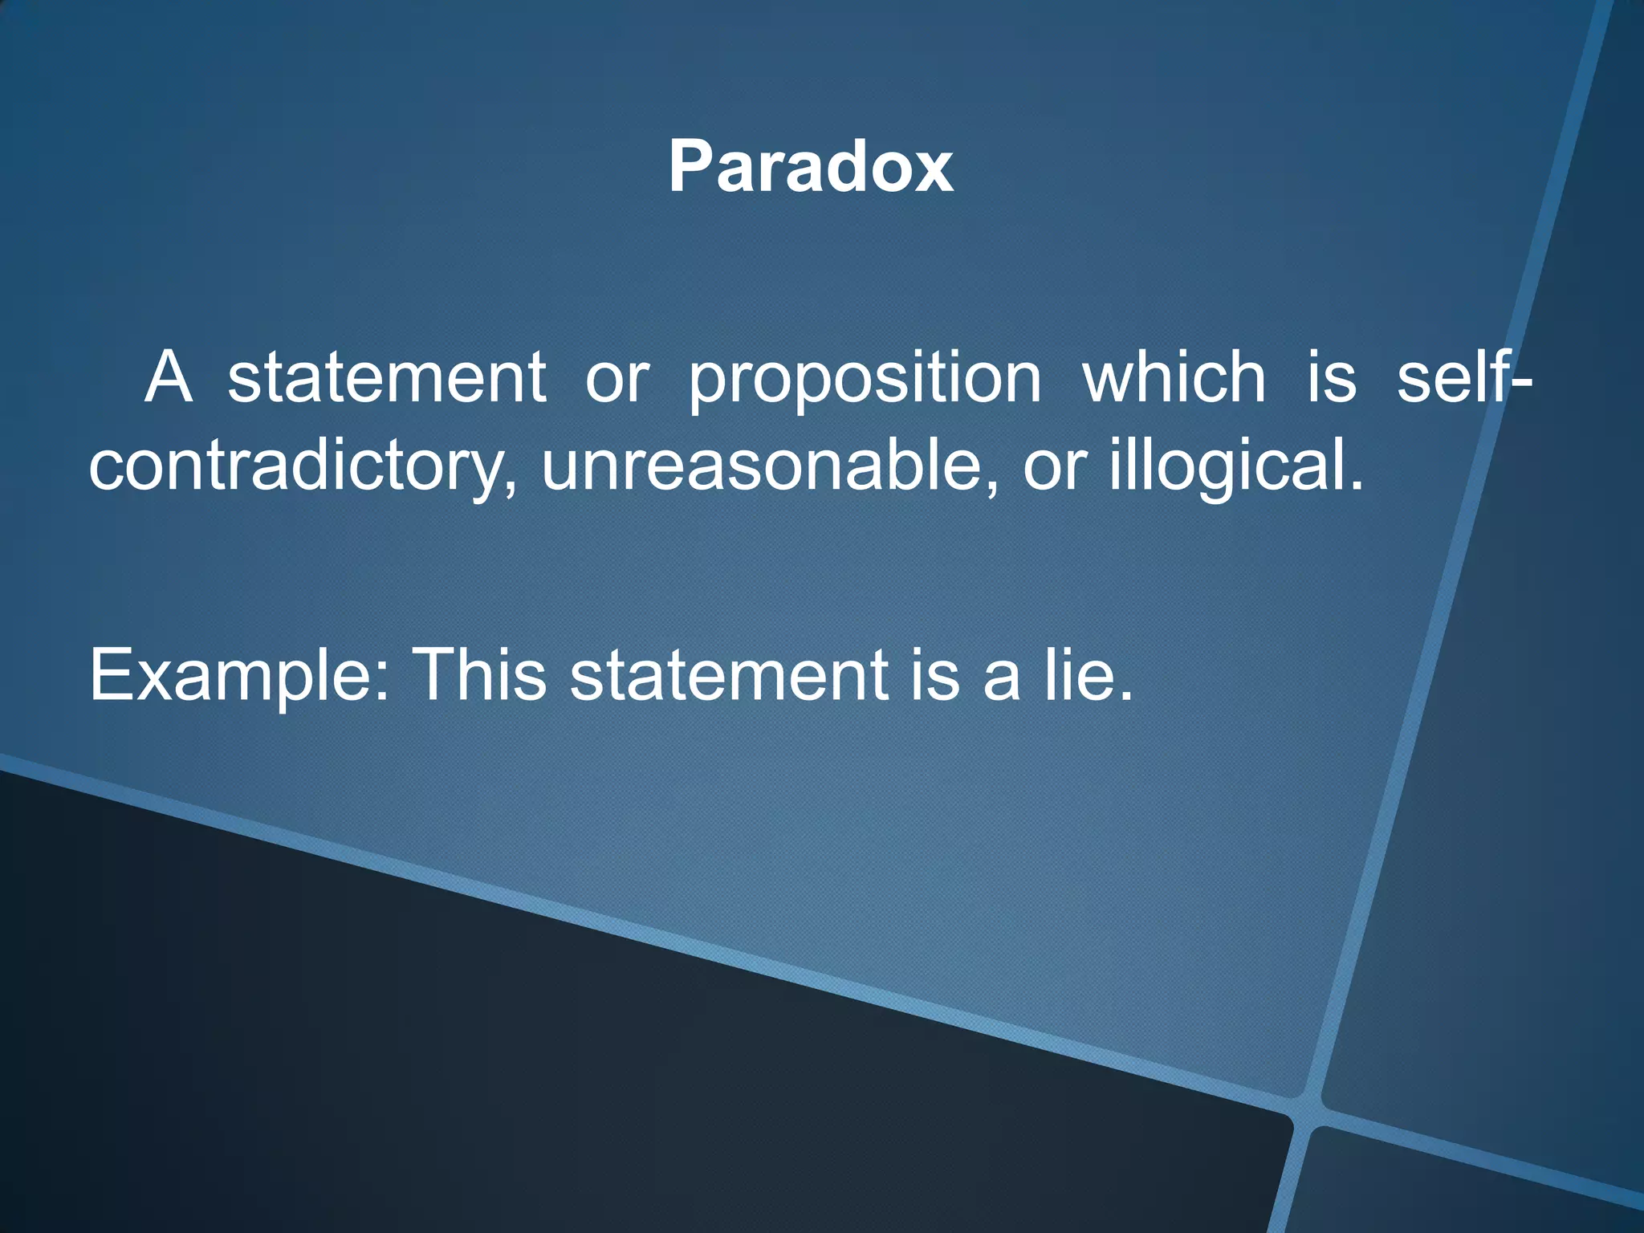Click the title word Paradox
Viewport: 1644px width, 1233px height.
(811, 166)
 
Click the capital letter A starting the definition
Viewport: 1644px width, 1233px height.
(169, 377)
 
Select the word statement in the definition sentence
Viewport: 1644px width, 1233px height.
(387, 377)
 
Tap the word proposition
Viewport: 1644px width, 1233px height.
(865, 379)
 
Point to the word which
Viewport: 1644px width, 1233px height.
(1174, 377)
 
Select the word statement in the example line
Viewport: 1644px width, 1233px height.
(729, 676)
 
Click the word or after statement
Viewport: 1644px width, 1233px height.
(616, 379)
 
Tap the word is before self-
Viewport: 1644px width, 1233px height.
(1332, 377)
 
